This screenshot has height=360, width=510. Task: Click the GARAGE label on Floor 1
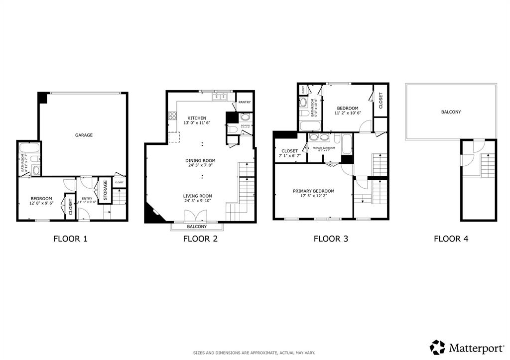pyautogui.click(x=84, y=135)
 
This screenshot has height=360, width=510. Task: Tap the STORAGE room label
pyautogui.click(x=105, y=190)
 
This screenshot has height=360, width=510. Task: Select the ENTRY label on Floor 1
pyautogui.click(x=87, y=199)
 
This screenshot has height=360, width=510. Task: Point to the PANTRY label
pyautogui.click(x=245, y=103)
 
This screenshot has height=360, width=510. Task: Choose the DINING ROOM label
pyautogui.click(x=200, y=160)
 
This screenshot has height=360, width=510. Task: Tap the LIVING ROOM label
pyautogui.click(x=198, y=196)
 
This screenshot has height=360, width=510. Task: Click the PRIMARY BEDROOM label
pyautogui.click(x=313, y=191)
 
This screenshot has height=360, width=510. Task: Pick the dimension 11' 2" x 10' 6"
pyautogui.click(x=347, y=113)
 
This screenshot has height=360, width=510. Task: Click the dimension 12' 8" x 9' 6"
pyautogui.click(x=41, y=203)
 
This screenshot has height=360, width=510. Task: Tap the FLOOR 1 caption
pyautogui.click(x=70, y=239)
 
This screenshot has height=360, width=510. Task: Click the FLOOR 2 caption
pyautogui.click(x=200, y=239)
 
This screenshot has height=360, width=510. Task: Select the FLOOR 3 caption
pyautogui.click(x=330, y=239)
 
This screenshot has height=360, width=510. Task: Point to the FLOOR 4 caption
pyautogui.click(x=451, y=239)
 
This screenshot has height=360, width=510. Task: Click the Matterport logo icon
pyautogui.click(x=437, y=347)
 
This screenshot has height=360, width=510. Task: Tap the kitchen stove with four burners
pyautogui.click(x=173, y=116)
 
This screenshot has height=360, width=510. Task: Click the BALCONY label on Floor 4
pyautogui.click(x=451, y=112)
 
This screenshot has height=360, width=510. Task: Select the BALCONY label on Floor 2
pyautogui.click(x=197, y=227)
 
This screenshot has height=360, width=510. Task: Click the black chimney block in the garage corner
pyautogui.click(x=42, y=98)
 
